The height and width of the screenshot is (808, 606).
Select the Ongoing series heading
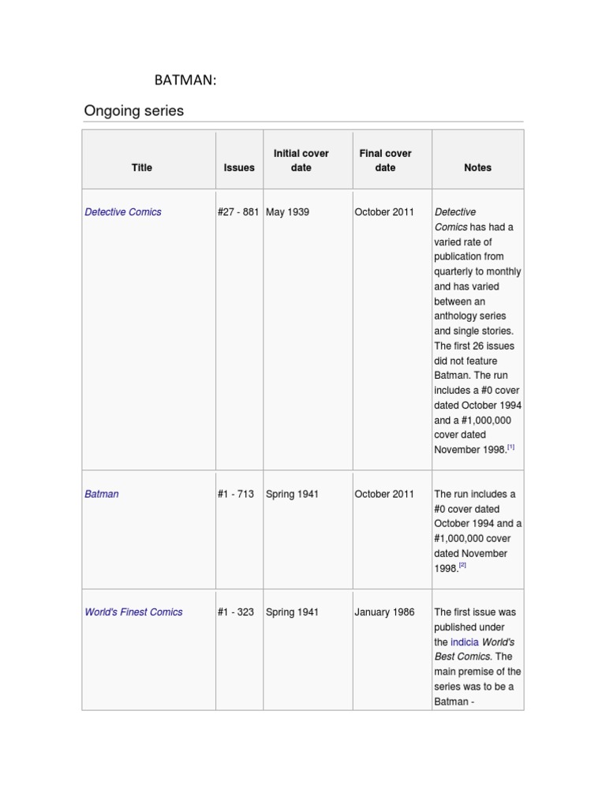click(x=133, y=111)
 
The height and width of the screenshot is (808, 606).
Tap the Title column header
click(x=142, y=167)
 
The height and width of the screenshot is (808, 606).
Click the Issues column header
click(x=239, y=167)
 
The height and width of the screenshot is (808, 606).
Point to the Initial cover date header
click(x=301, y=160)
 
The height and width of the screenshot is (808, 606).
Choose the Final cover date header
click(x=385, y=160)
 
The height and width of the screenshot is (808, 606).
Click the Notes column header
click(x=477, y=167)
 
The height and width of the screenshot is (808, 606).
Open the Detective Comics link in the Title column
click(x=123, y=212)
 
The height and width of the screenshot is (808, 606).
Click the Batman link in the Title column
click(x=102, y=494)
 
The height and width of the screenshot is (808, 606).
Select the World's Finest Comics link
click(x=133, y=612)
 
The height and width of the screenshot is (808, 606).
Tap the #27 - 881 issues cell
click(x=238, y=212)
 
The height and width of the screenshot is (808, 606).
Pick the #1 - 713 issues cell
click(x=235, y=494)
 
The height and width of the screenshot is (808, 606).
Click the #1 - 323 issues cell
click(x=235, y=612)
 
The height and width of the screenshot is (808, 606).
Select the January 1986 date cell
click(x=384, y=612)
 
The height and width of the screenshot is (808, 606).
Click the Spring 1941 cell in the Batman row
click(x=292, y=494)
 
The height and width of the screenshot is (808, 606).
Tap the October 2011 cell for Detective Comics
click(x=384, y=212)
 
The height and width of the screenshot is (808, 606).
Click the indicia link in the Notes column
click(x=464, y=642)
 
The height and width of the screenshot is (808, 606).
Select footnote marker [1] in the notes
click(x=511, y=447)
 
